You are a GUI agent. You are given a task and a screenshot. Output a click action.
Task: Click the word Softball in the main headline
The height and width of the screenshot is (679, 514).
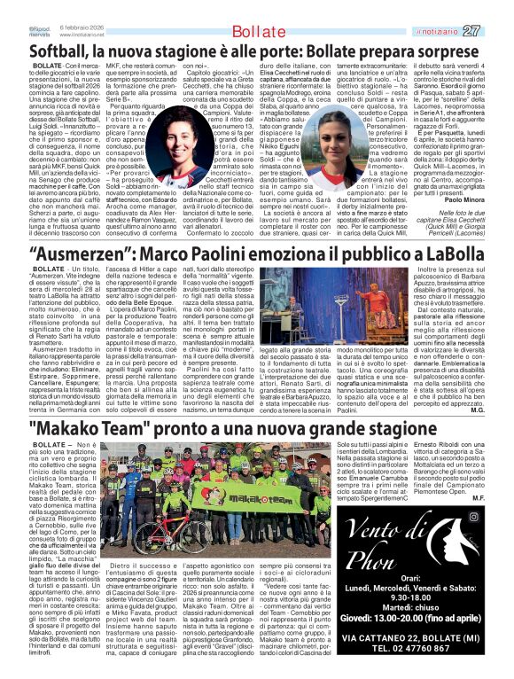tap(63, 51)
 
